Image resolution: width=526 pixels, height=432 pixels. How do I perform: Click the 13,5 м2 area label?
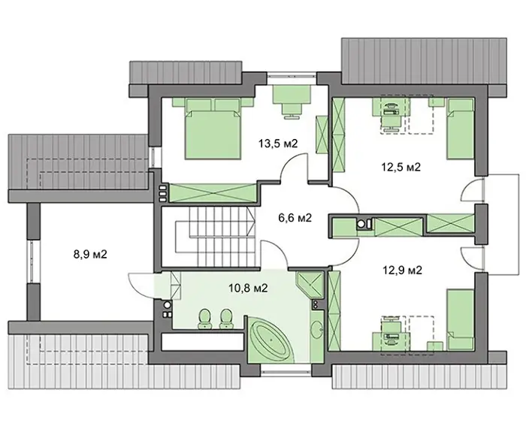tap(278, 143)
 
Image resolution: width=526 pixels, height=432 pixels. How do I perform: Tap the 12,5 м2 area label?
tap(401, 167)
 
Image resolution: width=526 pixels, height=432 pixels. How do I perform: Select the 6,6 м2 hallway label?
tap(295, 218)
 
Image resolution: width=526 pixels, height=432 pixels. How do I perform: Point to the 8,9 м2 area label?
tap(90, 254)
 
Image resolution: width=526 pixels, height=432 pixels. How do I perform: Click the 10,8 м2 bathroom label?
tap(248, 288)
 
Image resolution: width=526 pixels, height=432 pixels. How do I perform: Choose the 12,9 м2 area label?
tap(403, 270)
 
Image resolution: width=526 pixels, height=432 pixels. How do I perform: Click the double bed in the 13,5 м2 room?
tap(213, 128)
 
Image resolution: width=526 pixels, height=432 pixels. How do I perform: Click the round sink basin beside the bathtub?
tap(317, 330)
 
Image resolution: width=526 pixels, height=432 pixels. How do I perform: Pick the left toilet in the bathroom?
tap(204, 319)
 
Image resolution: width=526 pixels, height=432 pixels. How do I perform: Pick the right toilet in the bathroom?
tap(225, 319)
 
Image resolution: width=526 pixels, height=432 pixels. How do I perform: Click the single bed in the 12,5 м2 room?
tap(460, 128)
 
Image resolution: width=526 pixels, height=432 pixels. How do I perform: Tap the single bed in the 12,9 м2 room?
tap(460, 320)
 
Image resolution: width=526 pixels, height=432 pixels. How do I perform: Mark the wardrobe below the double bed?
tap(213, 193)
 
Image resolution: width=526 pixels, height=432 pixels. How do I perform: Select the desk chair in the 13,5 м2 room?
tap(292, 110)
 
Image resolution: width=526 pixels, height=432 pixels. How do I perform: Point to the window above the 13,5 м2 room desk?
tap(292, 77)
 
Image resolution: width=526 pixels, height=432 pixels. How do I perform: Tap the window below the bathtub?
tap(286, 368)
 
